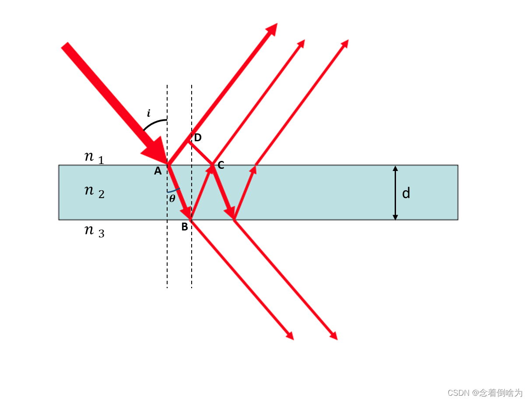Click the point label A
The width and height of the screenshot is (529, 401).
tap(158, 171)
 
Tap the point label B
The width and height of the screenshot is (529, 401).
tap(185, 227)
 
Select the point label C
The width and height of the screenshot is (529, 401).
tap(221, 165)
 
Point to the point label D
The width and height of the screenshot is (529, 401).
tap(198, 138)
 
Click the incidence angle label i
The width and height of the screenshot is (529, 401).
tap(148, 113)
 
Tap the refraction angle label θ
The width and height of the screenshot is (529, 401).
tap(172, 199)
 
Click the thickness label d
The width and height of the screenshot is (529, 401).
tap(406, 193)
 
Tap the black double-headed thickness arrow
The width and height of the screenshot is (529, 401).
tap(395, 192)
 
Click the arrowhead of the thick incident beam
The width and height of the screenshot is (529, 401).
tap(156, 151)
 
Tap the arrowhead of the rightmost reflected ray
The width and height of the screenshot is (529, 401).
tap(345, 43)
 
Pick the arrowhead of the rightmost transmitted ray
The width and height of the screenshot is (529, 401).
tap(334, 336)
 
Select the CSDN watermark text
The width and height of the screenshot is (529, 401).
tap(485, 393)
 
